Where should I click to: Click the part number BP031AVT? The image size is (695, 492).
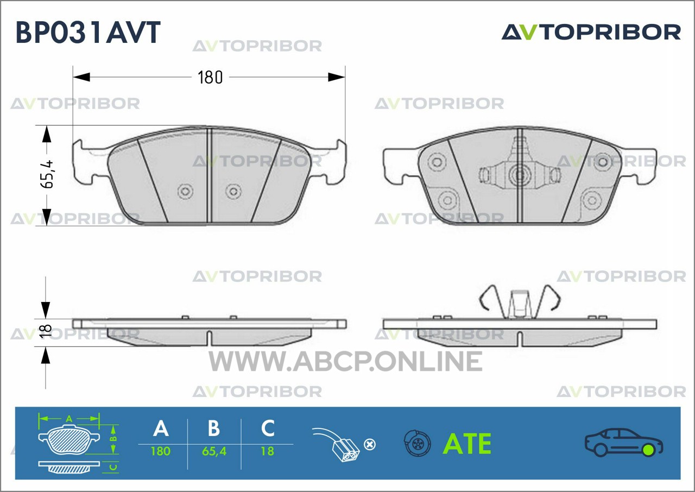pos(88,32)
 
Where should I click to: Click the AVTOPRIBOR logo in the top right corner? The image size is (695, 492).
pos(591,32)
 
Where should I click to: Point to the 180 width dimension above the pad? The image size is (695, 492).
pos(210,78)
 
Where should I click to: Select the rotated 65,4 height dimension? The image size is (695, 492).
pos(47,174)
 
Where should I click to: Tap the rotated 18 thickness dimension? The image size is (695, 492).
pos(46,331)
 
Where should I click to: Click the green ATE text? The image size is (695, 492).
pos(467,444)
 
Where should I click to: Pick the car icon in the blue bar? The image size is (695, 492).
pos(624,443)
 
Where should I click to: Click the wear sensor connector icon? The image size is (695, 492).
pos(336,445)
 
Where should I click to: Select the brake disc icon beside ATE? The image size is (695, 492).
pos(418,443)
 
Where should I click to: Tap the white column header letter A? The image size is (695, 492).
pos(161,428)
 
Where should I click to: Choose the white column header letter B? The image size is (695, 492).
pos(214,428)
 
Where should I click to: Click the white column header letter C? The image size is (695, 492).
pos(268,428)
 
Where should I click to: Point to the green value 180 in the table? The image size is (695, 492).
pos(161,451)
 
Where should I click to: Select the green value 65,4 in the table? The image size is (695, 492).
pos(214,451)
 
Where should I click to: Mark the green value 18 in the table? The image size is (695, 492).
pos(268,451)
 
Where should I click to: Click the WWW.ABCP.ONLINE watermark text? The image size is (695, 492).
pos(345,361)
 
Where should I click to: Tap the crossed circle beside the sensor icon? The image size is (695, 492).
pos(370,445)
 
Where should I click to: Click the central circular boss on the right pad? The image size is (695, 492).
pos(520,175)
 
